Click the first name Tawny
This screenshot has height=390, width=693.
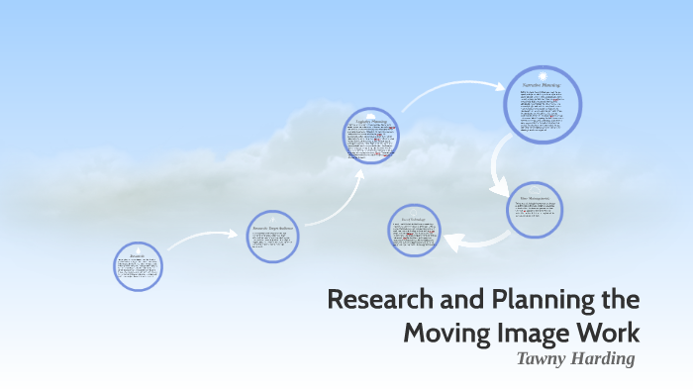(543, 358)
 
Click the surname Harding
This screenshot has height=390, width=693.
(603, 358)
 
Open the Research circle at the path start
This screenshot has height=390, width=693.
(138, 265)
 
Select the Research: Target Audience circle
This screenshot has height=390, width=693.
(272, 236)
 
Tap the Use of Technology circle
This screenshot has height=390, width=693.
(414, 230)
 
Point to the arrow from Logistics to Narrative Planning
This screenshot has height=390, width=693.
(450, 92)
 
